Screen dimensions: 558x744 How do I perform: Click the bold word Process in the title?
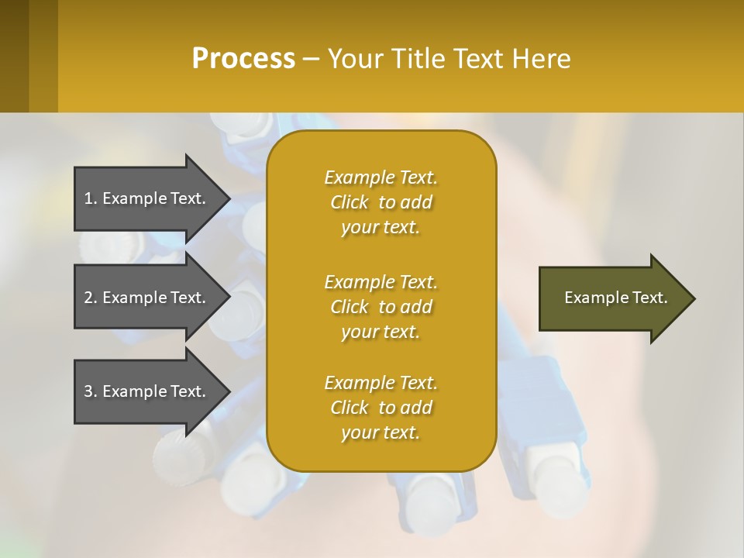pyautogui.click(x=243, y=59)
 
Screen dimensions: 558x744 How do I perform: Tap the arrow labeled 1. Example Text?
pyautogui.click(x=147, y=198)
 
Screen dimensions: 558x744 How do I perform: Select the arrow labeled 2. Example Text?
pyautogui.click(x=147, y=298)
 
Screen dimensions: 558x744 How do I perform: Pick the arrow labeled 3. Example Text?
pyautogui.click(x=147, y=391)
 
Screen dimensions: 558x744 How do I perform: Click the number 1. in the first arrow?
pyautogui.click(x=91, y=198)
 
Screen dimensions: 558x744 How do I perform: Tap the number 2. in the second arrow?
pyautogui.click(x=91, y=298)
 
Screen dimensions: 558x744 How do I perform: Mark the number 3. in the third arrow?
pyautogui.click(x=91, y=391)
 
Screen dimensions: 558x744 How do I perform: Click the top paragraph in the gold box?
pyautogui.click(x=381, y=202)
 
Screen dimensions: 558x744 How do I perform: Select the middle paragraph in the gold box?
pyautogui.click(x=381, y=307)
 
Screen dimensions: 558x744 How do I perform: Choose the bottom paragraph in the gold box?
pyautogui.click(x=381, y=408)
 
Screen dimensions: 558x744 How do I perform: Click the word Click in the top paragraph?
pyautogui.click(x=350, y=202)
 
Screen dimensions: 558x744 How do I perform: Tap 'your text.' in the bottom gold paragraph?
pyautogui.click(x=381, y=433)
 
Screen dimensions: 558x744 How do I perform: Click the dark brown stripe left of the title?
pyautogui.click(x=14, y=56)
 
